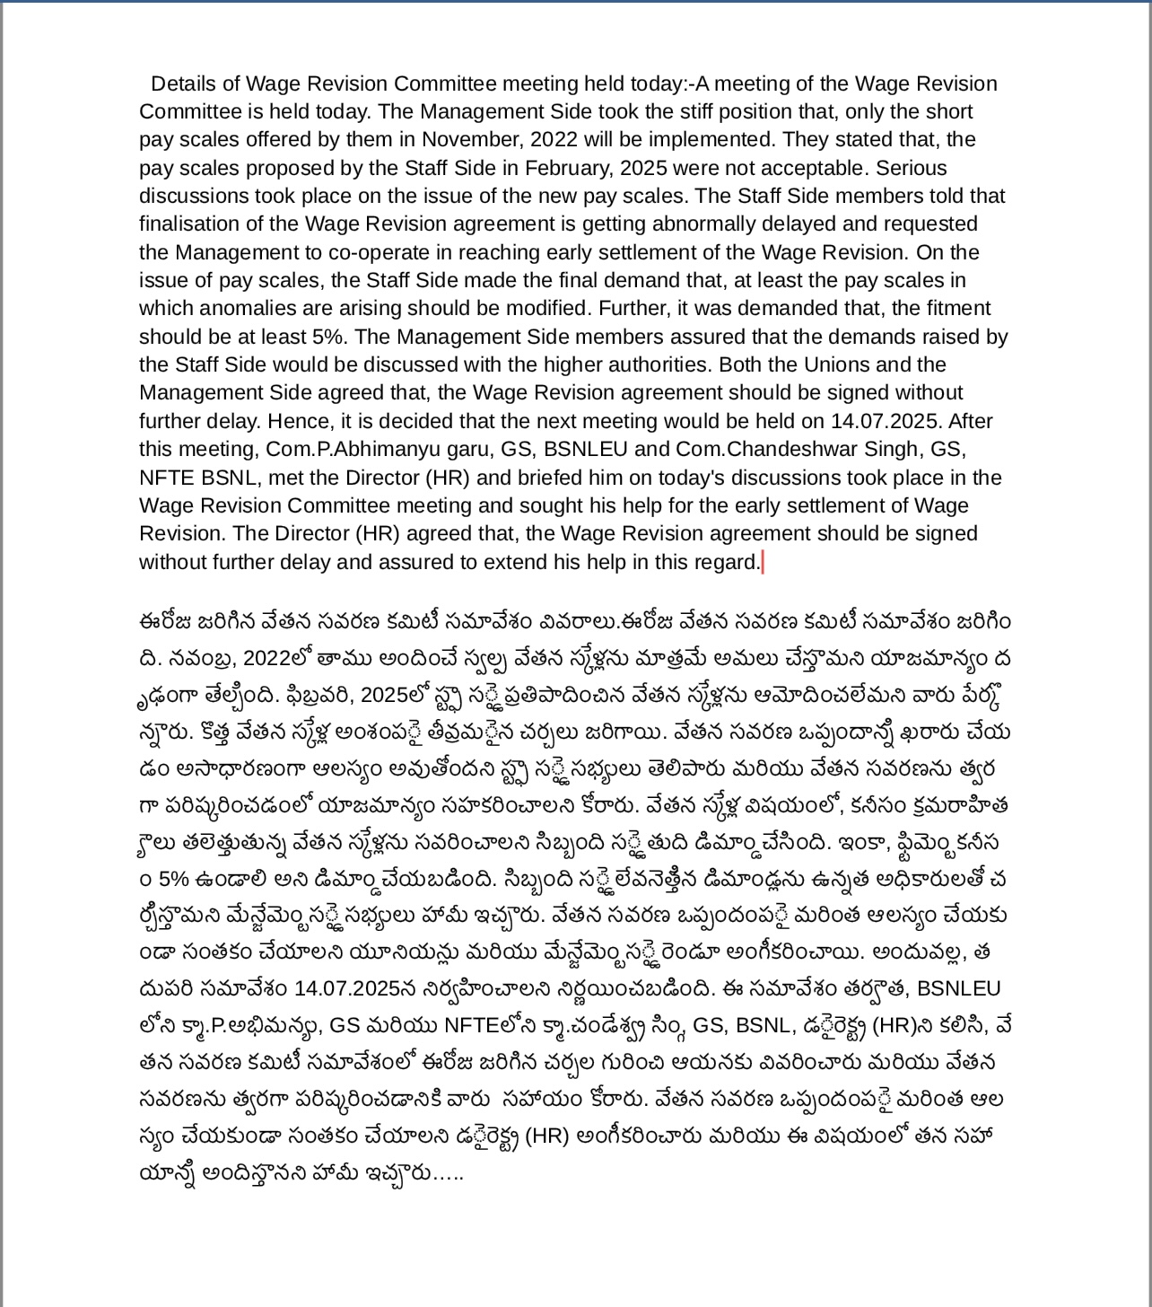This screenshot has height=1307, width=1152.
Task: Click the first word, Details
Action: [x=183, y=83]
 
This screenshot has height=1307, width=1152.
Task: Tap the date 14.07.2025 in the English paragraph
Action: [x=886, y=421]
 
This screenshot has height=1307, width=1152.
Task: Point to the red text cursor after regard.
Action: [x=762, y=563]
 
